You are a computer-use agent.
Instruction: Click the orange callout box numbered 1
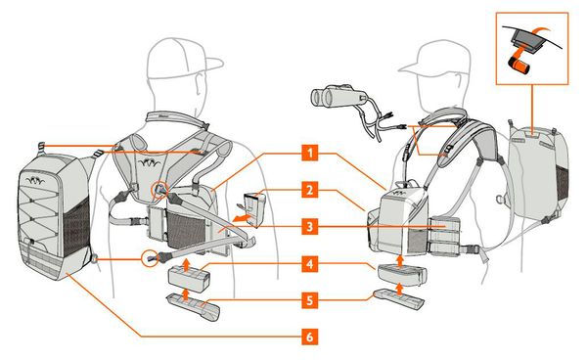[x=309, y=153]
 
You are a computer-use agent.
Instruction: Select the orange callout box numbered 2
[x=309, y=190]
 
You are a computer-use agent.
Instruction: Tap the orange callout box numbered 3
[x=309, y=226]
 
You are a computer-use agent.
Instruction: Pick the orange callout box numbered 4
[x=309, y=264]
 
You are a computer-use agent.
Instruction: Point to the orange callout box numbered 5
[x=309, y=299]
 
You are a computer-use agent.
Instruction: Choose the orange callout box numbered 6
[x=309, y=337]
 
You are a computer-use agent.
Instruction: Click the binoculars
[x=334, y=96]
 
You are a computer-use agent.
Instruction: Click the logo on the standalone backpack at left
[x=35, y=180]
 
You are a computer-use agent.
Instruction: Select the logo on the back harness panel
[x=148, y=162]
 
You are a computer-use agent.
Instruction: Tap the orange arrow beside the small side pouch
[x=241, y=218]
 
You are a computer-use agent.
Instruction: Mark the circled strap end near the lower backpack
[x=151, y=258]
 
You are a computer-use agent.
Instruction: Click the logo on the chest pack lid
[x=399, y=193]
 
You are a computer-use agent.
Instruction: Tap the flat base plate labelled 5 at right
[x=398, y=297]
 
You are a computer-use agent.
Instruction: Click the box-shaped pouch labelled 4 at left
[x=189, y=277]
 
